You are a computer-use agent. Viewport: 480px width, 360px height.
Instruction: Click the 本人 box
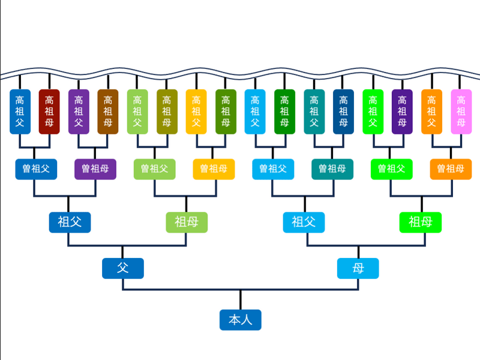click(x=241, y=320)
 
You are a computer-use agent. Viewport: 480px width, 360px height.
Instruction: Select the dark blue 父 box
click(x=123, y=268)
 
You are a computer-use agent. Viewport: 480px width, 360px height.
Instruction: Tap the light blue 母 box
click(x=358, y=268)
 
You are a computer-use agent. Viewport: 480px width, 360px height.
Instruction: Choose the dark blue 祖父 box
click(x=70, y=222)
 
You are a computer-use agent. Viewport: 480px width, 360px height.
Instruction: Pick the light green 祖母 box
click(x=187, y=222)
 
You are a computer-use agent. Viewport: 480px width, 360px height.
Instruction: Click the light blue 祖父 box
click(x=304, y=222)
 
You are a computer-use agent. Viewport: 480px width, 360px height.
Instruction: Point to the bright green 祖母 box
click(x=421, y=222)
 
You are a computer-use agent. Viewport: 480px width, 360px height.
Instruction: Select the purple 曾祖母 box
click(x=95, y=169)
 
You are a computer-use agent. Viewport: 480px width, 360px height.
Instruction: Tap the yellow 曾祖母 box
click(x=214, y=169)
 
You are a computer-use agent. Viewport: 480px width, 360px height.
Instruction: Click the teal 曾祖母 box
click(x=332, y=169)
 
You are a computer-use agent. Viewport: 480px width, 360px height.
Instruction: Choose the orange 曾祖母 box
click(x=451, y=169)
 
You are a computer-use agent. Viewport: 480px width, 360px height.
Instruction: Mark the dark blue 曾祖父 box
click(x=36, y=169)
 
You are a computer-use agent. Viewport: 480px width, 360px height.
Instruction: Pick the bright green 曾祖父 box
click(x=392, y=169)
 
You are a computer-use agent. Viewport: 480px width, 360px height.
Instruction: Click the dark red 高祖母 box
click(x=49, y=112)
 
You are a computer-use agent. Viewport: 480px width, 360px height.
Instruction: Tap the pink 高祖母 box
click(x=461, y=112)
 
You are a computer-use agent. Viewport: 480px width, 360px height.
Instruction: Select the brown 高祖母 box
click(x=108, y=112)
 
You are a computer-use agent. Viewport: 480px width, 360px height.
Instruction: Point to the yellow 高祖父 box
click(x=196, y=112)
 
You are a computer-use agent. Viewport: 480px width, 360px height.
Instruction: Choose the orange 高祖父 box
click(x=431, y=112)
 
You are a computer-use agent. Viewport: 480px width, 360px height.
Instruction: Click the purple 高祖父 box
click(x=79, y=112)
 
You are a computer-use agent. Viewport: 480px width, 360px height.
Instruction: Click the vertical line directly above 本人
click(x=241, y=299)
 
